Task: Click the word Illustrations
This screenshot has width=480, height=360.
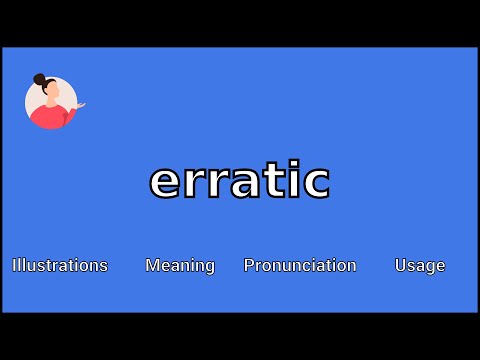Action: pyautogui.click(x=60, y=265)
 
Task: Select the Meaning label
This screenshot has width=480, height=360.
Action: pyautogui.click(x=180, y=265)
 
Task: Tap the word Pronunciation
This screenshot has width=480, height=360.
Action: pyautogui.click(x=300, y=265)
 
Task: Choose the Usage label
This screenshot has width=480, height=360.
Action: pyautogui.click(x=420, y=265)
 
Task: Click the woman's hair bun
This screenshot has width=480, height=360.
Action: pyautogui.click(x=39, y=79)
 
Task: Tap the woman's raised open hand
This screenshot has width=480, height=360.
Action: pyautogui.click(x=79, y=104)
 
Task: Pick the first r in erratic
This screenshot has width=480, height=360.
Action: pyautogui.click(x=195, y=182)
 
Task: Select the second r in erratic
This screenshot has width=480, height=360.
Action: pyautogui.click(x=220, y=182)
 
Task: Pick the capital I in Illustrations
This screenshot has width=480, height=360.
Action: pyautogui.click(x=14, y=265)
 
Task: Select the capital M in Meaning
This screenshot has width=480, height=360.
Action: pyautogui.click(x=152, y=265)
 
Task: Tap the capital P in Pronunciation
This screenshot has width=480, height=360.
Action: pyautogui.click(x=249, y=265)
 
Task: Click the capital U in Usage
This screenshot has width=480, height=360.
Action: pyautogui.click(x=400, y=265)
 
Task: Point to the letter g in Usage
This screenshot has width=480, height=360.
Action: pyautogui.click(x=430, y=267)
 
